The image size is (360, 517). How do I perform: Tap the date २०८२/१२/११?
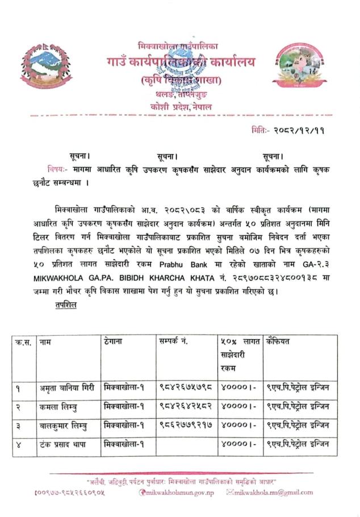tap(296, 130)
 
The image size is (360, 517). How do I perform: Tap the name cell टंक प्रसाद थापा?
tap(63, 444)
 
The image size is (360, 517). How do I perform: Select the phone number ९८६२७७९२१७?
tap(186, 426)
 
